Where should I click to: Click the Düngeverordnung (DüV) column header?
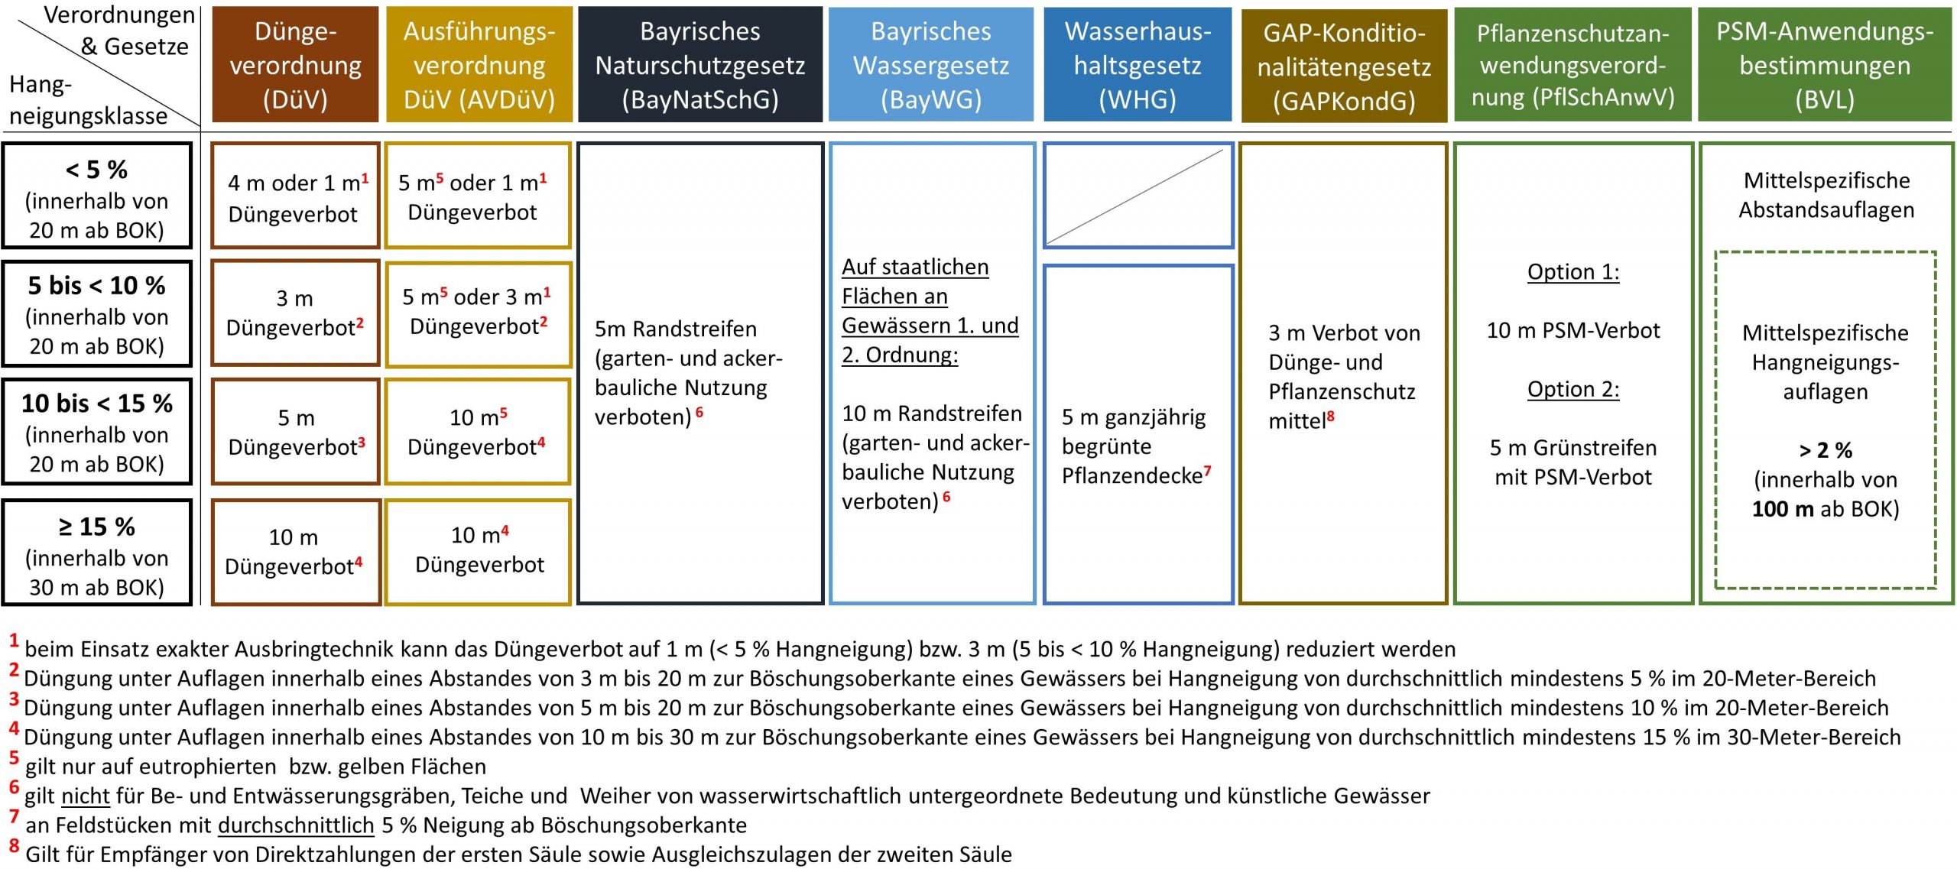295,65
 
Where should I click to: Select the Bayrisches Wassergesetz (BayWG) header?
930,65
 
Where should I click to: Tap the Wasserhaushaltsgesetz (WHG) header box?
1138,65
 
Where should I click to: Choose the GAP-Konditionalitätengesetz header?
1344,66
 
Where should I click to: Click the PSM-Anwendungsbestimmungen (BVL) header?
1825,65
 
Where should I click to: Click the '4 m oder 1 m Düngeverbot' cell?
295,196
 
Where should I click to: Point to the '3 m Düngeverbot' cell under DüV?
295,313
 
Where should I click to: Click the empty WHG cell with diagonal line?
1138,196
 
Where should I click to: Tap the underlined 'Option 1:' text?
1573,272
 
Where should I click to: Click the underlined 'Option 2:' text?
1573,390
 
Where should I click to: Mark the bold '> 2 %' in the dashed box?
1826,450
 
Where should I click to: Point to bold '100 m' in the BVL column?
1783,509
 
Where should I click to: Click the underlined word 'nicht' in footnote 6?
86,796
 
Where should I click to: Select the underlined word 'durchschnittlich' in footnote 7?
296,825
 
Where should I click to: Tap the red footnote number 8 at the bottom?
14,846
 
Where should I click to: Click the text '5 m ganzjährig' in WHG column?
1134,417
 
